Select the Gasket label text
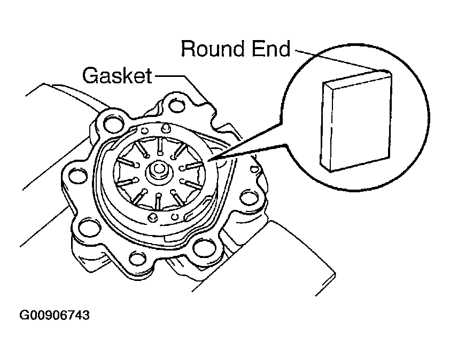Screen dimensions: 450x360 pos(117,75)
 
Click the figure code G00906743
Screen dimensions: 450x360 pos(55,315)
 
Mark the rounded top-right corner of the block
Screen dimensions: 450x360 pos(387,72)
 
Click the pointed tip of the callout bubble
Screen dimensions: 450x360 pos(209,161)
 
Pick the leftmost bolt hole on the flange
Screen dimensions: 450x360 pos(77,175)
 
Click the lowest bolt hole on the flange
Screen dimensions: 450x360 pos(137,258)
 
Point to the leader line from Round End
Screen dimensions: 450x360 pos(339,61)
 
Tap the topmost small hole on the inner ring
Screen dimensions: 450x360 pos(165,128)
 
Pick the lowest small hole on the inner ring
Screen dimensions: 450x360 pos(152,217)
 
